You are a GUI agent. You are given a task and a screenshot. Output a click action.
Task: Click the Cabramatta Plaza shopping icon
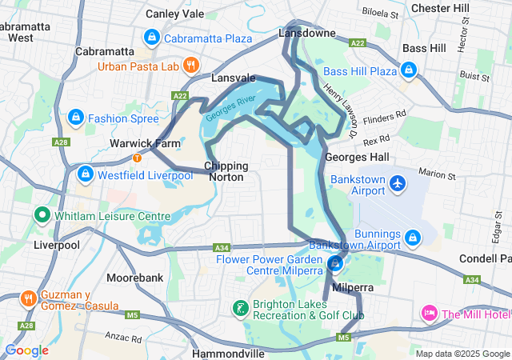151,38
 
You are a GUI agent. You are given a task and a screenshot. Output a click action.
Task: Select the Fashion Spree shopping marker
76,118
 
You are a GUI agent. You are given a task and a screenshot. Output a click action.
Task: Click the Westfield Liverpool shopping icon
86,173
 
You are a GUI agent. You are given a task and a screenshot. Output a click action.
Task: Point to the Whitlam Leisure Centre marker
42,216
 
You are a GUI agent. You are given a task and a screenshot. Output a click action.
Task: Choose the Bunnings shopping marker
413,238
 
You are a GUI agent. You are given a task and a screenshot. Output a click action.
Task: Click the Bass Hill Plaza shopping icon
410,71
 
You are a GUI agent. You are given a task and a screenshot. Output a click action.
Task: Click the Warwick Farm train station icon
138,157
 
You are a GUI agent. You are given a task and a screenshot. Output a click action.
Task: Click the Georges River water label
230,108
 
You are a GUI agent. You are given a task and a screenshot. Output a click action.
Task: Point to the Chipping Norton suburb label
226,171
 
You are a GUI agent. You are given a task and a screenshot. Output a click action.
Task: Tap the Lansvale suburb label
234,78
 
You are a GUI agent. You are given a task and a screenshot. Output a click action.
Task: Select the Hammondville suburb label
229,353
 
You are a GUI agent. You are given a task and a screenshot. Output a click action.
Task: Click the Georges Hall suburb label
358,157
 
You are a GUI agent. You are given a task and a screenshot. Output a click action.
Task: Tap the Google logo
26,350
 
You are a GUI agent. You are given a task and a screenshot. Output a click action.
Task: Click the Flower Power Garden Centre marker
336,262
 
